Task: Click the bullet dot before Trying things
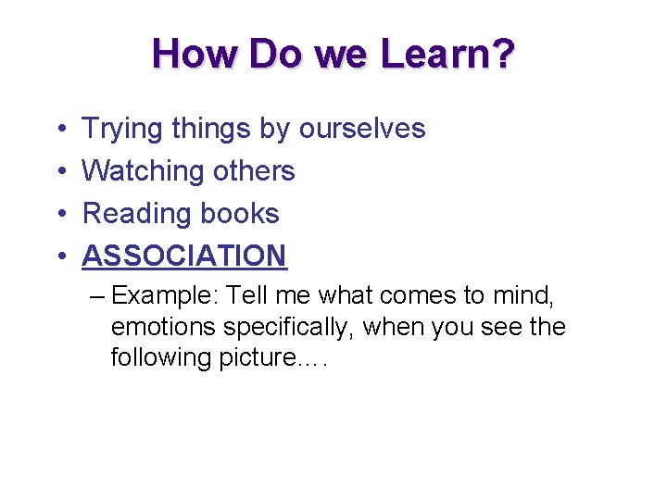tap(60, 130)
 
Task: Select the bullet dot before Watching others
tap(60, 172)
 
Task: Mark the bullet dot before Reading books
tap(60, 215)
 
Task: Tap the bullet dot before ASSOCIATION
tap(60, 256)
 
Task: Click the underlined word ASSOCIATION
tap(184, 256)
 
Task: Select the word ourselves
tap(361, 129)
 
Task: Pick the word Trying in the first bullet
tap(122, 129)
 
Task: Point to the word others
tap(253, 171)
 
